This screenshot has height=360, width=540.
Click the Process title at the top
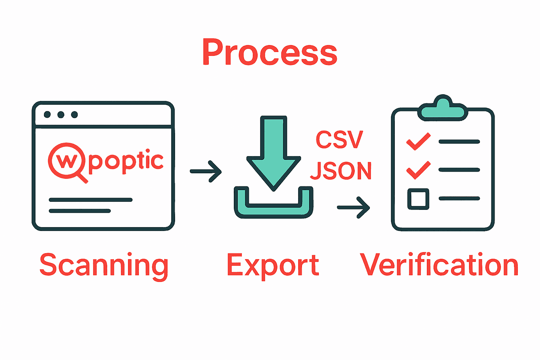pos(270,52)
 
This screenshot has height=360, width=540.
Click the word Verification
pos(439,265)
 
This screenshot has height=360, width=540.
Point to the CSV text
pos(339,140)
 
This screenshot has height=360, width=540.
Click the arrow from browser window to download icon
pos(206,172)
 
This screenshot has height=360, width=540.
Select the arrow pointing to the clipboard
pos(353,207)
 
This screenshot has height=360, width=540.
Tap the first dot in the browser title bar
pos(47,115)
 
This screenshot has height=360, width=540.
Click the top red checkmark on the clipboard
pos(418,141)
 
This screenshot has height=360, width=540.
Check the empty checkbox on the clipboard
pos(418,199)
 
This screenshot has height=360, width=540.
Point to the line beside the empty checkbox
pos(459,199)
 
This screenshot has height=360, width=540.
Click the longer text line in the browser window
pos(91,200)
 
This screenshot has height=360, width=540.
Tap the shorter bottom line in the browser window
pos(80,211)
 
